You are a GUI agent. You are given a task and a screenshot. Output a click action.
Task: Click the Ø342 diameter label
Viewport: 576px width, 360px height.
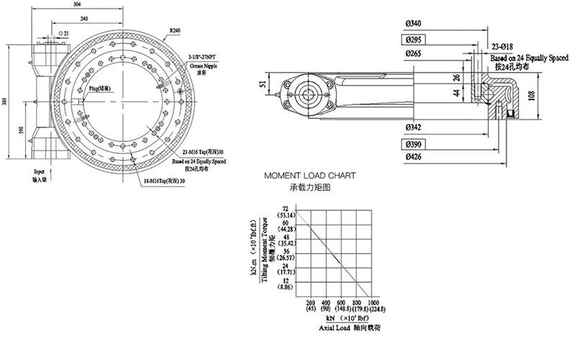[x=414, y=127]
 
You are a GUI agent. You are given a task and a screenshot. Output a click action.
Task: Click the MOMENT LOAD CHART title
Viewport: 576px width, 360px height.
[x=309, y=175]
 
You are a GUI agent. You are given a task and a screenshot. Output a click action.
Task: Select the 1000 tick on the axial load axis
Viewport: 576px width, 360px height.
[x=372, y=302]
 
